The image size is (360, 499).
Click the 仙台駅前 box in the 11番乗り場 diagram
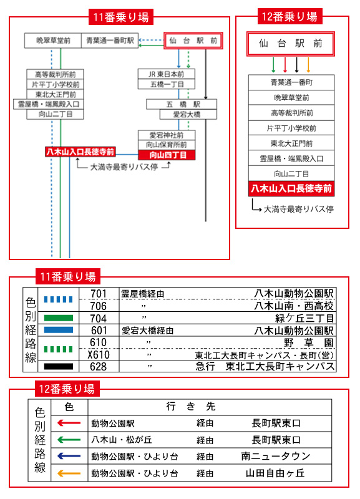tap(193, 41)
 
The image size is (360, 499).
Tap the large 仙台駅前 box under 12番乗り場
tap(291, 44)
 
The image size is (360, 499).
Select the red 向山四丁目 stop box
tap(167, 155)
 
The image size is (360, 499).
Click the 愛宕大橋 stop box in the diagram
tap(188, 115)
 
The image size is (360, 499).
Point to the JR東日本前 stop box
tap(167, 74)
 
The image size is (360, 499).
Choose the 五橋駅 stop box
tap(182, 104)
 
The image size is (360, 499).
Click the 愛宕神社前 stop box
tap(167, 135)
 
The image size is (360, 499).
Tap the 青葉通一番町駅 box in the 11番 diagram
tap(110, 41)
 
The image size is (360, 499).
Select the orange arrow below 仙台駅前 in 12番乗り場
tap(308, 65)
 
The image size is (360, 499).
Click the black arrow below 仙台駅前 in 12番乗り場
tap(296, 65)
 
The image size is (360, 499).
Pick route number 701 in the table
tap(99, 293)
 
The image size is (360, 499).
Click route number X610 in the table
tap(99, 354)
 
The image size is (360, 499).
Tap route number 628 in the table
tap(99, 367)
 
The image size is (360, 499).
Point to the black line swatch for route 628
tap(58, 367)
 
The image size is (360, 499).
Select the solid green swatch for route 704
tap(58, 318)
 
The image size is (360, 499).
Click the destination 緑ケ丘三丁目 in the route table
tap(304, 318)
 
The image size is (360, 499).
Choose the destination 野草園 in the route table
tap(309, 342)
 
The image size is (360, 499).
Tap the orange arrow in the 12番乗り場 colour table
tap(69, 473)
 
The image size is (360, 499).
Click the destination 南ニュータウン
tap(276, 457)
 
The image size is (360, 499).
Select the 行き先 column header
tap(191, 407)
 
